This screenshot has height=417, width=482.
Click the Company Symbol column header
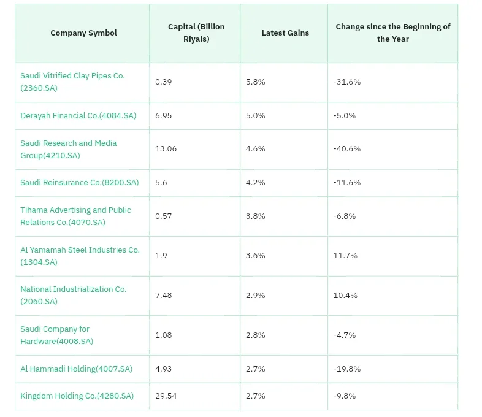tap(83, 33)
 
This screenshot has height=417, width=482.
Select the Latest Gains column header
tap(285, 33)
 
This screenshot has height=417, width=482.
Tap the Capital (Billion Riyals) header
tap(196, 33)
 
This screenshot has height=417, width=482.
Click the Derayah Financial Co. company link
tap(78, 115)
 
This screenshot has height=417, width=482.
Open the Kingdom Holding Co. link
tap(77, 396)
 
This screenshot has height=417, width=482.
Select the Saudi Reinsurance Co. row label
tap(79, 183)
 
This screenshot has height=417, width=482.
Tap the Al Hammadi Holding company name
tap(76, 369)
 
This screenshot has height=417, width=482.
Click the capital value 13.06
tap(166, 149)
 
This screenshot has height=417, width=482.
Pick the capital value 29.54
tap(166, 396)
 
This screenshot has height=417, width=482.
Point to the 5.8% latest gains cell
tap(255, 82)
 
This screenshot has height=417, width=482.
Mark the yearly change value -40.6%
tap(346, 149)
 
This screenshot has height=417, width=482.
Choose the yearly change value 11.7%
tap(345, 255)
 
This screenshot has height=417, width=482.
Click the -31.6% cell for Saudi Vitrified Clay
tap(346, 82)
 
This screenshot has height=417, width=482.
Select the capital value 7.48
tap(163, 296)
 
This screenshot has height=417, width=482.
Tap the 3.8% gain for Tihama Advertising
tap(255, 216)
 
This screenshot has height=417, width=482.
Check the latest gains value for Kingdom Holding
tap(255, 396)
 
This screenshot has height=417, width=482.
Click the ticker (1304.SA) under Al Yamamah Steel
tap(39, 262)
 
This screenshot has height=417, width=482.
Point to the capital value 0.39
tap(163, 82)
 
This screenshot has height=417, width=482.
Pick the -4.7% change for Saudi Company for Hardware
tap(344, 335)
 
